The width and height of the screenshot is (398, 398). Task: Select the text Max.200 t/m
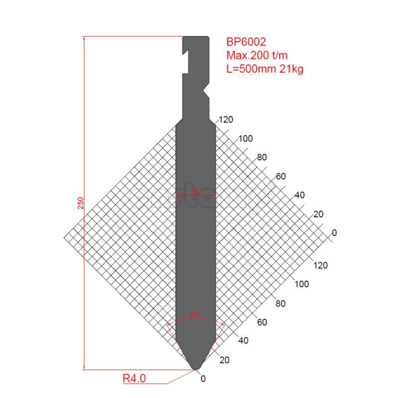pyautogui.click(x=257, y=55)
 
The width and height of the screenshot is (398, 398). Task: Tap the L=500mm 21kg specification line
pyautogui.click(x=265, y=69)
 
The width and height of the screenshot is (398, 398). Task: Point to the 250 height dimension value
pyautogui.click(x=81, y=203)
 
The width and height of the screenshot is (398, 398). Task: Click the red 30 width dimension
pyautogui.click(x=196, y=192)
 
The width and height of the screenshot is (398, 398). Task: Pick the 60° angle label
pyautogui.click(x=196, y=314)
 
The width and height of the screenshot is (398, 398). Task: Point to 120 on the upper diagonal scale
pyautogui.click(x=225, y=119)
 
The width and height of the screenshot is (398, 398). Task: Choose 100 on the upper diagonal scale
pyautogui.click(x=245, y=138)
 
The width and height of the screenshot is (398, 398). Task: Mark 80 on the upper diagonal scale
pyautogui.click(x=262, y=157)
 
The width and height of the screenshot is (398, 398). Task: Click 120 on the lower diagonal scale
pyautogui.click(x=321, y=265)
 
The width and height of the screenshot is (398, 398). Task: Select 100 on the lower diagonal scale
pyautogui.click(x=301, y=284)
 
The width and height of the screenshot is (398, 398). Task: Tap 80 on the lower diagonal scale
pyautogui.click(x=280, y=303)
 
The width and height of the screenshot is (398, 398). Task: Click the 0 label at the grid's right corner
pyautogui.click(x=334, y=233)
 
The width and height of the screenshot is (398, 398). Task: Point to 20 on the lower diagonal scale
pyautogui.click(x=224, y=360)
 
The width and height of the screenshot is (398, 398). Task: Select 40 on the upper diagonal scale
pyautogui.click(x=299, y=195)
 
